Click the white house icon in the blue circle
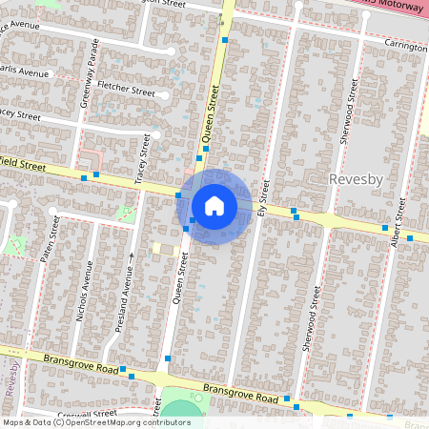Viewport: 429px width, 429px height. click(x=214, y=205)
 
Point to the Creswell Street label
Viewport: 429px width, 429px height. click(x=86, y=414)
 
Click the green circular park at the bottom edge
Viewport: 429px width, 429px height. click(x=178, y=414)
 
